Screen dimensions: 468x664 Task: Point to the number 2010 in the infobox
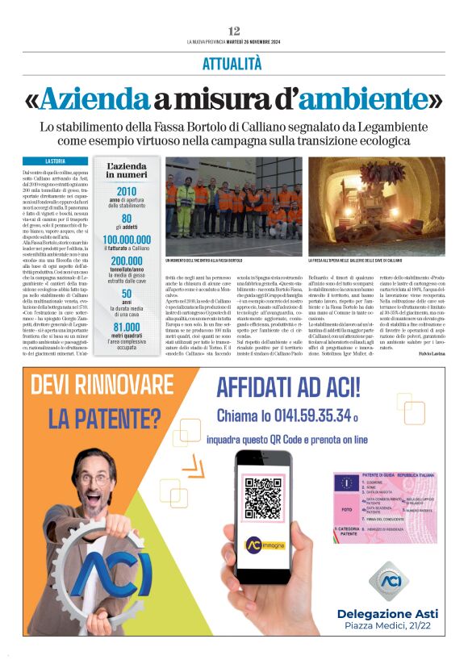pyautogui.click(x=127, y=192)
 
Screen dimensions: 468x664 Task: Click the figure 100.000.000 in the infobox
pyautogui.click(x=127, y=240)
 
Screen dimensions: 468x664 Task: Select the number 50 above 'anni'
pyautogui.click(x=127, y=294)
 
